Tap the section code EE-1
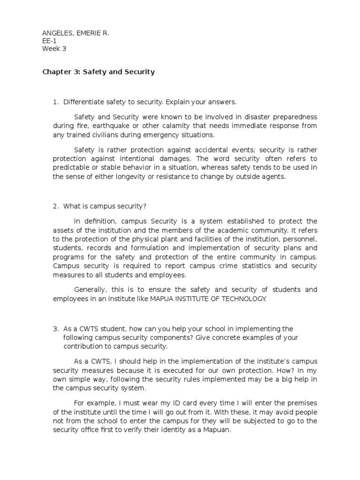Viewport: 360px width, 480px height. click(x=49, y=40)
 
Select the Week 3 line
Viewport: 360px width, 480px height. click(x=54, y=48)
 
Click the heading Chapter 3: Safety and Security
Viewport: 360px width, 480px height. click(x=98, y=72)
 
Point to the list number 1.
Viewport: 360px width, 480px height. click(x=55, y=102)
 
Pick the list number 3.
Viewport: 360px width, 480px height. click(x=55, y=329)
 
